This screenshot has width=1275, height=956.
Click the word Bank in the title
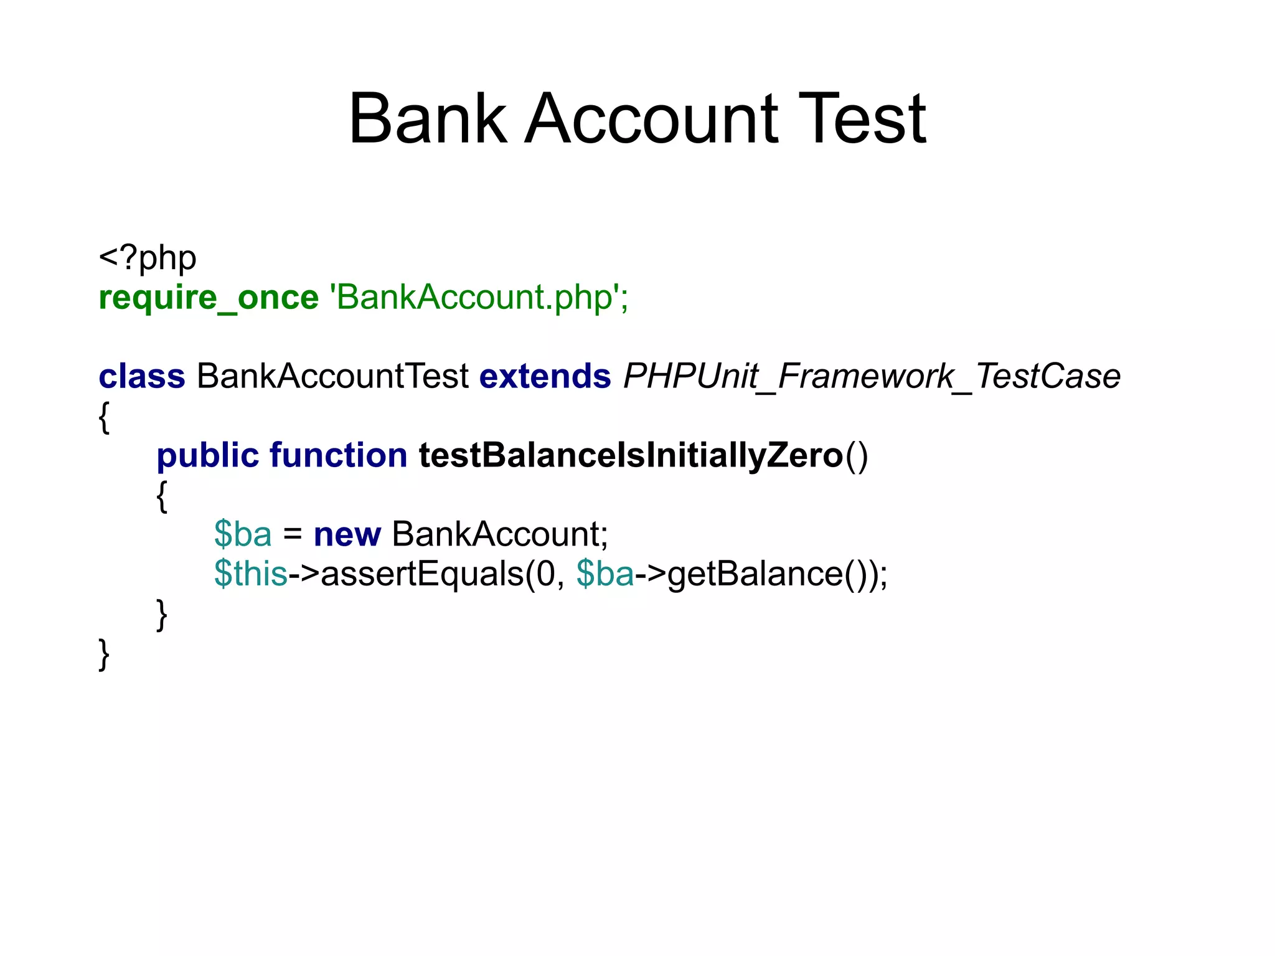click(x=428, y=118)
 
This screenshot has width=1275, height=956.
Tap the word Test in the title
click(x=862, y=118)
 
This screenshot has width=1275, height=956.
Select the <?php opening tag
click(x=148, y=257)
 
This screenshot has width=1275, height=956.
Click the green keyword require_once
click(x=209, y=297)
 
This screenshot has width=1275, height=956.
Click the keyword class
click(x=142, y=376)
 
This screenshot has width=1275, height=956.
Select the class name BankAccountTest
click(x=332, y=376)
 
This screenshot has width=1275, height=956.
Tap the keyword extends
click(x=545, y=376)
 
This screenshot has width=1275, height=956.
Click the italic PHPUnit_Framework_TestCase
click(x=872, y=376)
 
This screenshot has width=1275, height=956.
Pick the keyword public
click(x=207, y=455)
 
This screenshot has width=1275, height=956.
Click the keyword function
click(x=338, y=455)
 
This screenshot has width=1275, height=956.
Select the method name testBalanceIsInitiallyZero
click(x=631, y=455)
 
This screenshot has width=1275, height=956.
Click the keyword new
click(x=347, y=534)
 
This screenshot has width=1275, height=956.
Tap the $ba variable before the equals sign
click(x=243, y=534)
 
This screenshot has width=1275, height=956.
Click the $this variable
click(x=250, y=574)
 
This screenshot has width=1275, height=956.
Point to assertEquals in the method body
click(x=422, y=574)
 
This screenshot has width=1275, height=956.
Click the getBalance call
click(x=755, y=574)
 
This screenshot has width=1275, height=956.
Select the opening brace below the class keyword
click(x=105, y=417)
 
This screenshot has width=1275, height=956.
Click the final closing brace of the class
click(x=105, y=654)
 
